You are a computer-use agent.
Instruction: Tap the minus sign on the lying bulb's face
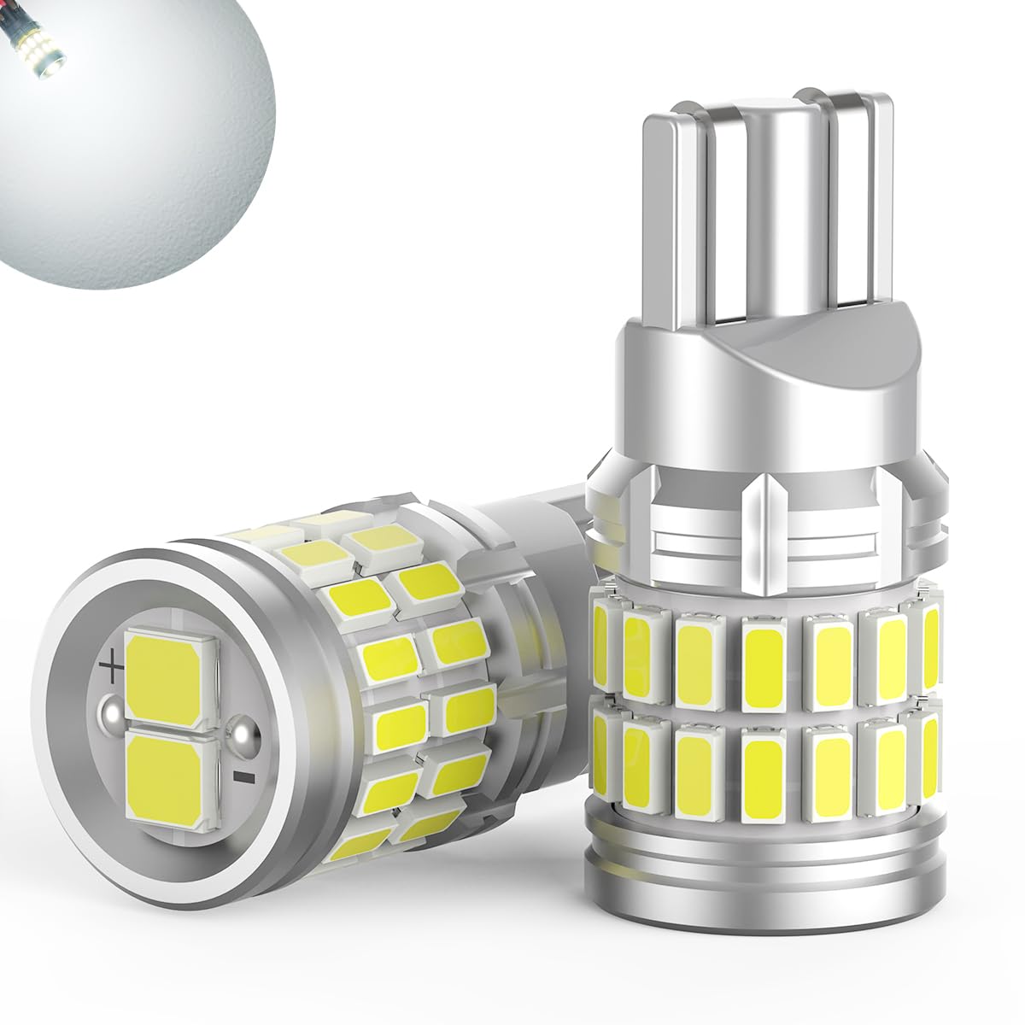pyautogui.click(x=243, y=776)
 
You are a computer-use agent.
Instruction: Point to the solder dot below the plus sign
pyautogui.click(x=110, y=711)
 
